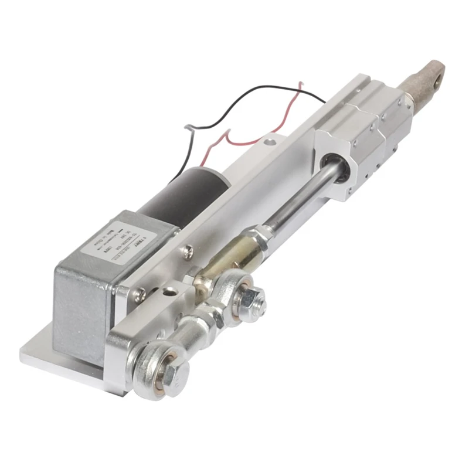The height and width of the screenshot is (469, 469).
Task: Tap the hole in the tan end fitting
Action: pos(434,73)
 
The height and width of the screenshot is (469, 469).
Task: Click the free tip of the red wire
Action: pos(301,84)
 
